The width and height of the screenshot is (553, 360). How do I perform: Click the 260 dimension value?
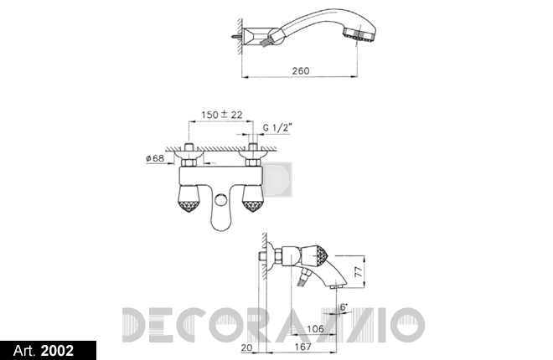click(301, 71)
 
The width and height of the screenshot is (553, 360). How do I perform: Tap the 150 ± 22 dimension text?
click(222, 115)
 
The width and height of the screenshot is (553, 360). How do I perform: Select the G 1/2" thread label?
click(278, 127)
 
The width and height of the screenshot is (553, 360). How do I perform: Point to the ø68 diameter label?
click(155, 158)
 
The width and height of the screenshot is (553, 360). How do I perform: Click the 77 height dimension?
click(358, 271)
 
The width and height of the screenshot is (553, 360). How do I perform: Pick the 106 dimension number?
click(315, 329)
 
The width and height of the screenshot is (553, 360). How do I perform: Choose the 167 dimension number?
click(303, 347)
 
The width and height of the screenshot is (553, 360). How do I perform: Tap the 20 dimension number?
click(247, 347)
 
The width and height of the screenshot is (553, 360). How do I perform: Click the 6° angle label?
click(344, 306)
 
